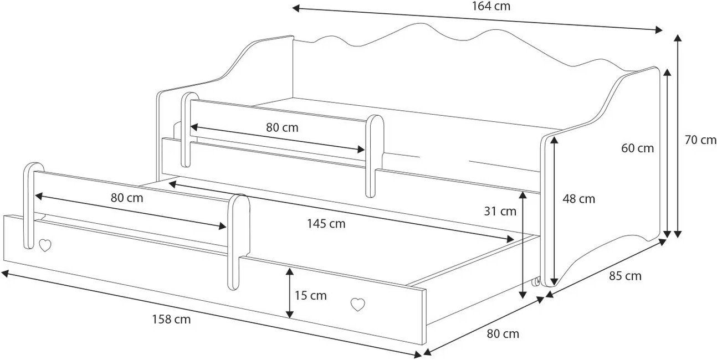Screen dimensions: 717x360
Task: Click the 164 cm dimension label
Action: pos(491,6)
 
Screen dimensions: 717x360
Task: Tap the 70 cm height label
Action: pos(700,140)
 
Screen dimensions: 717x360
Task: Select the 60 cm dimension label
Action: pos(637,148)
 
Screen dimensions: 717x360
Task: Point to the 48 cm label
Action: pos(578,199)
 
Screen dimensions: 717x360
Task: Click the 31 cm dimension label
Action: pos(500,211)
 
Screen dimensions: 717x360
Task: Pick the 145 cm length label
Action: pos(326,224)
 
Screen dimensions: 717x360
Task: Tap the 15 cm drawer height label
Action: pos(310,295)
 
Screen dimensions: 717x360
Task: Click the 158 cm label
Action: pos(171,319)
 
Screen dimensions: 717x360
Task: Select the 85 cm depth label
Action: pos(625,276)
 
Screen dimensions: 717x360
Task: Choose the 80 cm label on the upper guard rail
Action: pos(282,127)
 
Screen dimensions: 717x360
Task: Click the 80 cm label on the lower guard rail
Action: pos(127,198)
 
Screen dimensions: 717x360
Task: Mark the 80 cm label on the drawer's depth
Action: pos(503,334)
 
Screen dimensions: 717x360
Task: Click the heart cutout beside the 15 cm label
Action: pos(357,304)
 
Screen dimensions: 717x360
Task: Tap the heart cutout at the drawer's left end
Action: pos(45,245)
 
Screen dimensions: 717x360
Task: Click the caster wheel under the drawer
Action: pos(535,282)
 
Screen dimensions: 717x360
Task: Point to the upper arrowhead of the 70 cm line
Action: pos(677,38)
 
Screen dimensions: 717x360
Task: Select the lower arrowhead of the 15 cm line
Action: pos(289,314)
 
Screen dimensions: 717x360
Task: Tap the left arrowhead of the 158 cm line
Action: pos(5,274)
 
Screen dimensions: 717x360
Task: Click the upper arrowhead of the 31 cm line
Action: pos(523,196)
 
